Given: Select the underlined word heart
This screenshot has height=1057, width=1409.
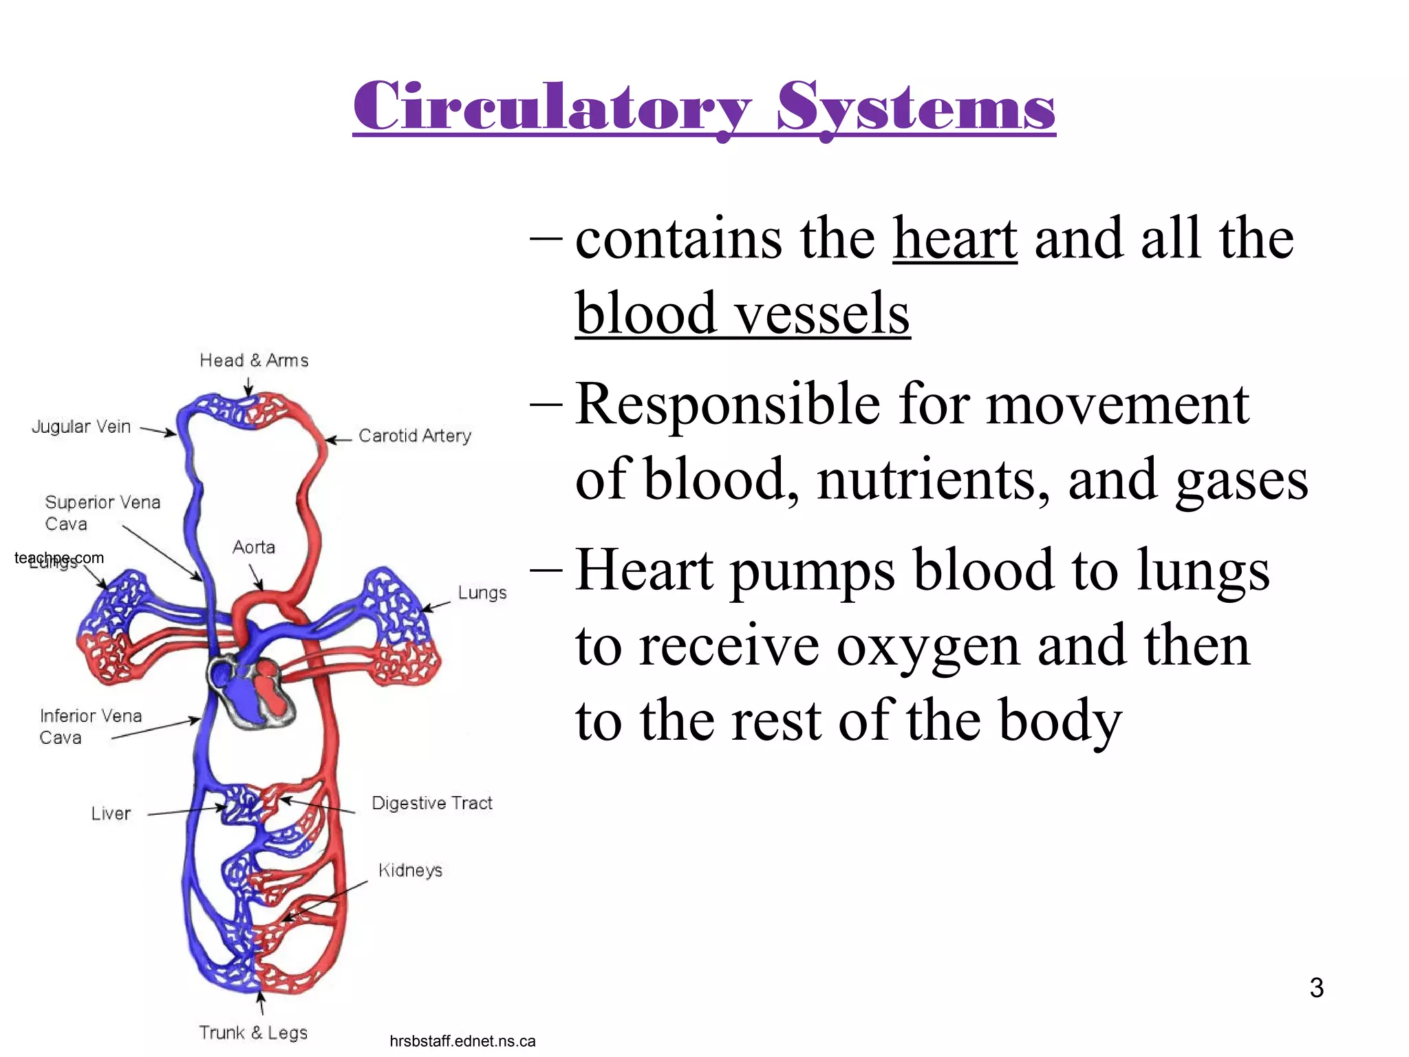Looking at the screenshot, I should [x=954, y=238].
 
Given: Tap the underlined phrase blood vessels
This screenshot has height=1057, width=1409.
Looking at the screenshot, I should [x=742, y=313].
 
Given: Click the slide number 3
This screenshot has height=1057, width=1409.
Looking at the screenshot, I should [x=1316, y=987].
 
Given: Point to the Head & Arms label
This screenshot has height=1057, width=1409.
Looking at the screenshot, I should [x=254, y=361].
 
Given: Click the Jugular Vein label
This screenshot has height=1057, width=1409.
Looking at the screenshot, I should [x=81, y=427].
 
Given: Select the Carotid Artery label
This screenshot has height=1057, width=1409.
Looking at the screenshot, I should [x=415, y=436].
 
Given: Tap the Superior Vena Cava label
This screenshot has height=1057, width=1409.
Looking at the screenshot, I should [x=102, y=513].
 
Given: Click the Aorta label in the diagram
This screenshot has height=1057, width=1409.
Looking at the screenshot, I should [x=253, y=547].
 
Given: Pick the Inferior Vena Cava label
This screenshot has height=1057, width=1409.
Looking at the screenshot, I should [x=90, y=726].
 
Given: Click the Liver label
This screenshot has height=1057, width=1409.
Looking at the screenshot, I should [x=110, y=813].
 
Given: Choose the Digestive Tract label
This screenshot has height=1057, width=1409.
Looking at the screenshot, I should [x=432, y=803].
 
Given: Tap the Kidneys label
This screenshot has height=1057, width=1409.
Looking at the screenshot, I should [x=410, y=870].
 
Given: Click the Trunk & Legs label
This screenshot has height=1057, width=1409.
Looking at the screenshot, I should [x=253, y=1032].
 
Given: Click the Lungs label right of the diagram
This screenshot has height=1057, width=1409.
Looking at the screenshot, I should [x=482, y=592].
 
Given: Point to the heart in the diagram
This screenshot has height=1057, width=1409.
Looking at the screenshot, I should [x=252, y=692].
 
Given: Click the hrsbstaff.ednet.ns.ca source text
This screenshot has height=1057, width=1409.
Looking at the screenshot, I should [x=462, y=1041].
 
